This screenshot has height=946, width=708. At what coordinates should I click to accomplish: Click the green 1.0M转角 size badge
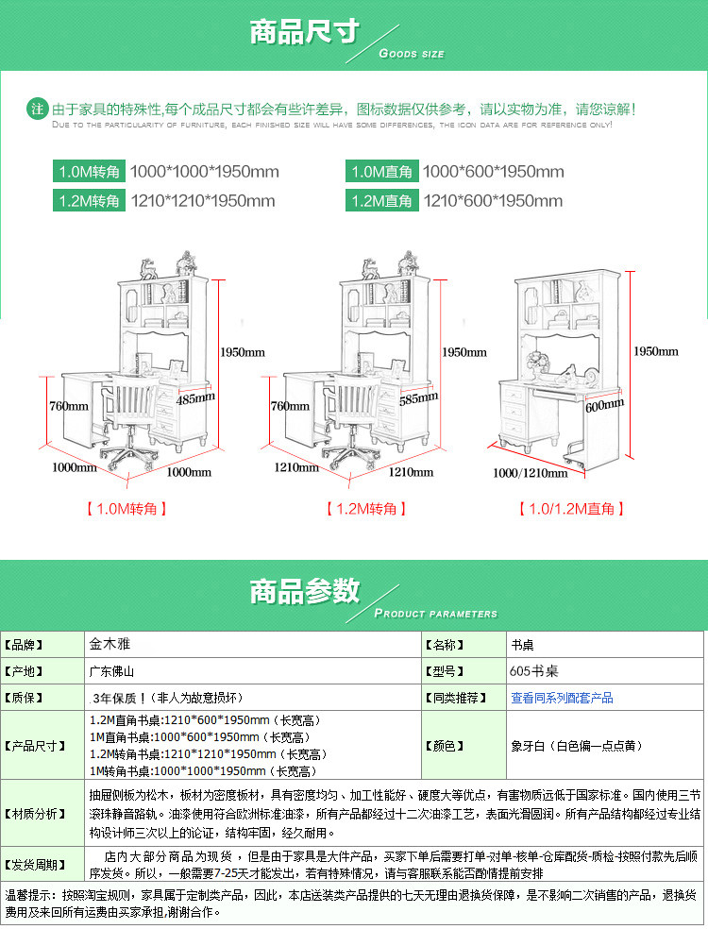point(89,172)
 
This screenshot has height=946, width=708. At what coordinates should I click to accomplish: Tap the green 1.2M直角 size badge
point(381,200)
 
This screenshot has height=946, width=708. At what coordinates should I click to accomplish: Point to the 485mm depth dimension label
point(195,398)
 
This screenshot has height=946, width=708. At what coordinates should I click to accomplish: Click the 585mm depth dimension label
point(417,398)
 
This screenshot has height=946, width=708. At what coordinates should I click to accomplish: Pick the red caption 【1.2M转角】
point(367,509)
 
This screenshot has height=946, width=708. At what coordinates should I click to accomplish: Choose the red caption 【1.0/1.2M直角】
point(571,509)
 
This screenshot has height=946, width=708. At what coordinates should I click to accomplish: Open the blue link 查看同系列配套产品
point(562,698)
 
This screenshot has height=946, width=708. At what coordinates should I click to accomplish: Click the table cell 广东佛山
point(110,671)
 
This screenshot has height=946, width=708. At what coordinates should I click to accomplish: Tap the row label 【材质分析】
point(41,813)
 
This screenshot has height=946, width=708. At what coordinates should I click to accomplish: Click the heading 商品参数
point(304,592)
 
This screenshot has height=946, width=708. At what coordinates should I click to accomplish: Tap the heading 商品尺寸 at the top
point(304,31)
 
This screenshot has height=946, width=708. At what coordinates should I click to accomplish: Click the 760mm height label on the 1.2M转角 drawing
point(290,407)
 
